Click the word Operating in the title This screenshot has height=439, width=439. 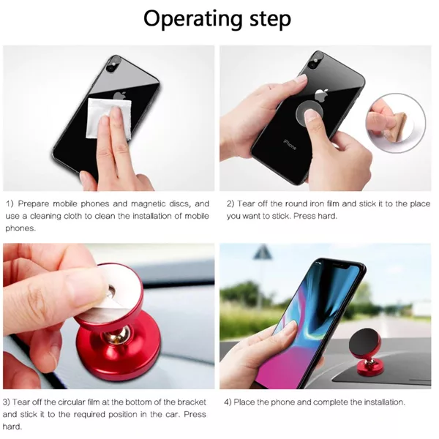(193, 19)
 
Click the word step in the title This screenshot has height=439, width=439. (271, 19)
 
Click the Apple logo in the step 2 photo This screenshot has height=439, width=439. (321, 95)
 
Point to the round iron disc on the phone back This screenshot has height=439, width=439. (309, 113)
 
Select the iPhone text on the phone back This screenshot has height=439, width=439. (290, 144)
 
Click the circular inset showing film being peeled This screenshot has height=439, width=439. (397, 123)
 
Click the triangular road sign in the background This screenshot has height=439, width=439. (263, 252)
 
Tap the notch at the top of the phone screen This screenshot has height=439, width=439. (339, 265)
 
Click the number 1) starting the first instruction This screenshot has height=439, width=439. (10, 204)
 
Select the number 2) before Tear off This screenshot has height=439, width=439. (230, 204)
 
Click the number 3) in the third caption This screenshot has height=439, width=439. (7, 402)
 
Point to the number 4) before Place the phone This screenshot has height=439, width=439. (228, 402)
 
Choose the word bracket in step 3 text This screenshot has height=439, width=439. (192, 402)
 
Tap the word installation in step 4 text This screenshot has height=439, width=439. (384, 402)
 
